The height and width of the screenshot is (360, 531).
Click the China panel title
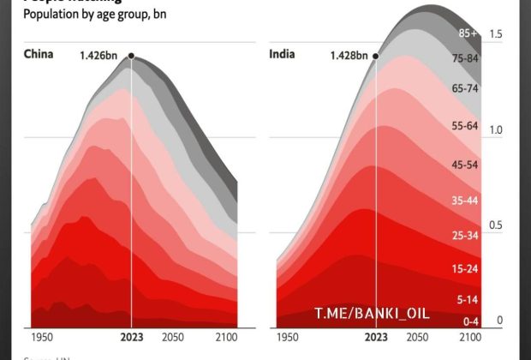[x=39, y=54]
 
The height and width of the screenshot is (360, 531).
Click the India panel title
[x=283, y=54]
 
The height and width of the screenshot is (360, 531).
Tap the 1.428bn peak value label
[x=349, y=57]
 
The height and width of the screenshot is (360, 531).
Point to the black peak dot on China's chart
[x=131, y=56]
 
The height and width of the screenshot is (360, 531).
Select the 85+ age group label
[x=468, y=34]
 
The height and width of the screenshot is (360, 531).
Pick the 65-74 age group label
[x=465, y=88]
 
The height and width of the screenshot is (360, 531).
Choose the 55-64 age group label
[x=465, y=126]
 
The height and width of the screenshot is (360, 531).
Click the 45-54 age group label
[x=465, y=164]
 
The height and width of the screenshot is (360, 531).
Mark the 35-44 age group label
[x=465, y=201]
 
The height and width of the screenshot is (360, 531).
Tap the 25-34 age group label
[x=465, y=235]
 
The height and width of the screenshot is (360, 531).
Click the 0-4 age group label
[x=470, y=321]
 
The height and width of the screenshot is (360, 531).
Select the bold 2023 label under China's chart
[x=131, y=337]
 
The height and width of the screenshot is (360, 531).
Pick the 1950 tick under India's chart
[x=288, y=337]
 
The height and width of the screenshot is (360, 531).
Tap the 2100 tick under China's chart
[x=226, y=337]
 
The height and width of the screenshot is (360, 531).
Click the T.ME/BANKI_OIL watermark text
[x=372, y=314]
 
